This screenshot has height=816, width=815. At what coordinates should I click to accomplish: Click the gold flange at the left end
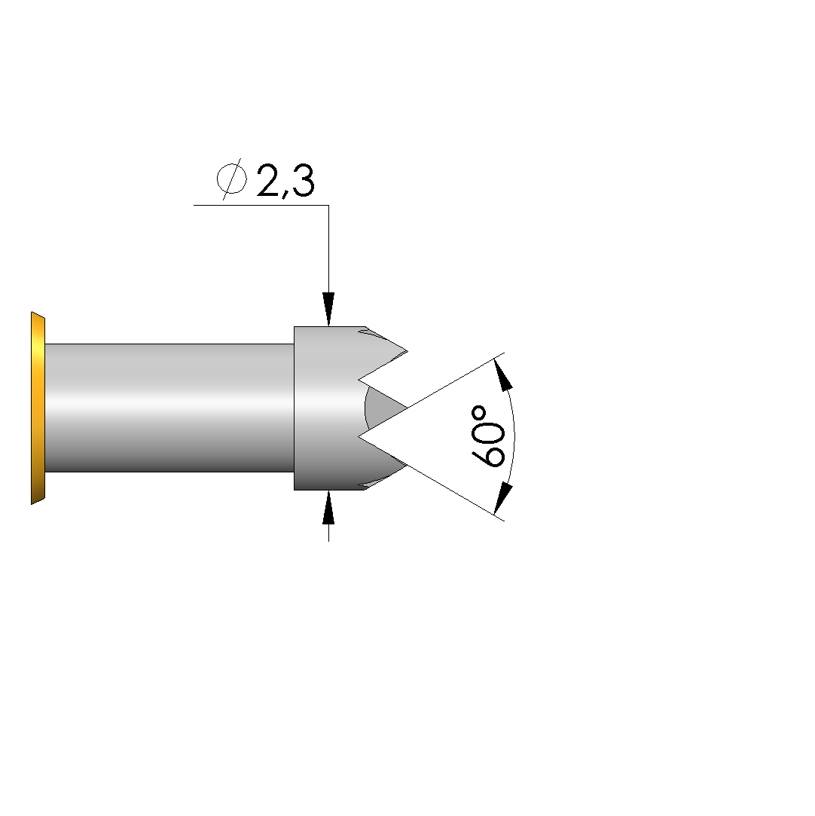38,408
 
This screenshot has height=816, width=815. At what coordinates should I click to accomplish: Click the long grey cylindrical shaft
169,408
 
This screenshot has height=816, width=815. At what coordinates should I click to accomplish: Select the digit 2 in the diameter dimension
268,180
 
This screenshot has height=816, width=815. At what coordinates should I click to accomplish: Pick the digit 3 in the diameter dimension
303,180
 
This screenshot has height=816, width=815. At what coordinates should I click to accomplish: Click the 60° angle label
488,436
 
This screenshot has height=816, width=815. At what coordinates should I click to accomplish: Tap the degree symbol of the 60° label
479,413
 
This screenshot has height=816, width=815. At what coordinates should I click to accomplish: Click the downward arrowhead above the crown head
328,310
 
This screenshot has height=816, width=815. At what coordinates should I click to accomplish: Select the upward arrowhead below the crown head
328,507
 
